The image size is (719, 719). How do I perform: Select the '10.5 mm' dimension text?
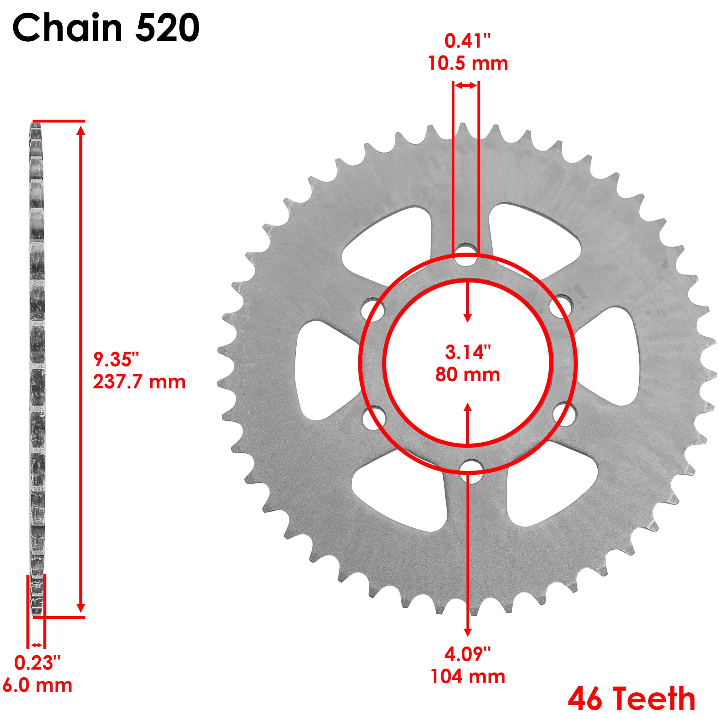coord(468,63)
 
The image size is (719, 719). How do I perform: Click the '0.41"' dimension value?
coord(468,41)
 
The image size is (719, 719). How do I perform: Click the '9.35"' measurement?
coord(116,359)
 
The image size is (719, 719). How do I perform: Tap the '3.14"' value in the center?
coord(468,352)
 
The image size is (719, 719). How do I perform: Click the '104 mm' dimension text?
coord(468,677)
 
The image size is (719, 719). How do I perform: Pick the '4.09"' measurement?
coord(468,654)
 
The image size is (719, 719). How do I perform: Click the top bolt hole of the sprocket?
coord(465,255)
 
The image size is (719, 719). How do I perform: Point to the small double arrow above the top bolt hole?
coord(466,86)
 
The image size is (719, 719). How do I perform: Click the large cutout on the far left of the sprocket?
coord(324,365)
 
